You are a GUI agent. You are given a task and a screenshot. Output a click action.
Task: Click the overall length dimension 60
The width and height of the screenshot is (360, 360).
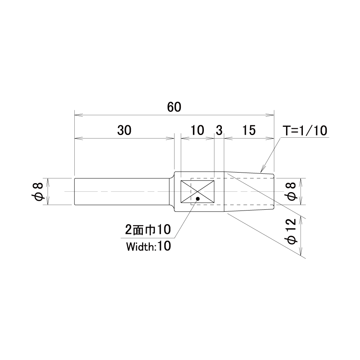tap(174, 107)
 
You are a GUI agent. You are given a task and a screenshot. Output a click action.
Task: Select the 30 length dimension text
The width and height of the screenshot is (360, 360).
tap(124, 130)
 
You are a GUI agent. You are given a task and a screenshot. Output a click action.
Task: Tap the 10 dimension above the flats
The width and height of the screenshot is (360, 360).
tap(197, 130)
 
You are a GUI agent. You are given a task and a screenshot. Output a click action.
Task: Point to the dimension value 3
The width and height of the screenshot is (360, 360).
tap(219, 130)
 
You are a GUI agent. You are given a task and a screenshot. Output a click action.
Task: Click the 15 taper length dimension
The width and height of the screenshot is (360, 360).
tap(249, 130)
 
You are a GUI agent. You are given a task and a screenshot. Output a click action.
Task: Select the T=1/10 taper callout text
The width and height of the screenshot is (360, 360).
tap(305, 131)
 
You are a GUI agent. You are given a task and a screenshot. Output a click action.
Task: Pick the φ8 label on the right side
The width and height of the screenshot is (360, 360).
tap(292, 191)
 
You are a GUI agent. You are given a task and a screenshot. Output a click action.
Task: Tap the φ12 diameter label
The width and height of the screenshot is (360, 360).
tap(292, 231)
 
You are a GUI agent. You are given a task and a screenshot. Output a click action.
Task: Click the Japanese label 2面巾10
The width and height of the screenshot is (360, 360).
tap(148, 229)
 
